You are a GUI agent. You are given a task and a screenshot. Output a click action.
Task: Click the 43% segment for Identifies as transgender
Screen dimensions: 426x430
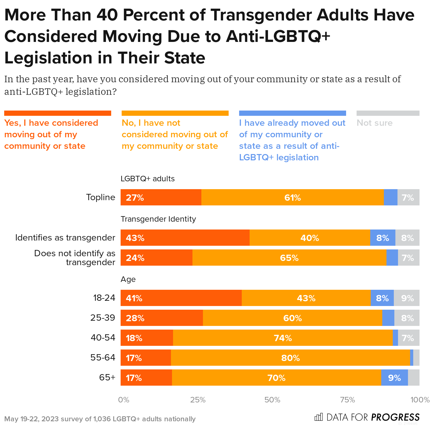[185, 238]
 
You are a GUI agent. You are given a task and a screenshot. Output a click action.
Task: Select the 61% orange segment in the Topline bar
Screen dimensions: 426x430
[292, 197]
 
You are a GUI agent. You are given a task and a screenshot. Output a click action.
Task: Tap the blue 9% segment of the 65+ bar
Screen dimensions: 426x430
[394, 378]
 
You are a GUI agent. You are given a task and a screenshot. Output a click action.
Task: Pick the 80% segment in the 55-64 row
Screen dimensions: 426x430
[290, 358]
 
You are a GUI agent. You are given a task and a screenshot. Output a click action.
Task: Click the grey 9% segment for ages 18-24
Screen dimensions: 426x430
[407, 298]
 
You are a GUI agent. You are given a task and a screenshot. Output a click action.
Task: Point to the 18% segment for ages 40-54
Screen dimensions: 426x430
[147, 338]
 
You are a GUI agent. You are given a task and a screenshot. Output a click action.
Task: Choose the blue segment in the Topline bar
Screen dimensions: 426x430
[390, 197]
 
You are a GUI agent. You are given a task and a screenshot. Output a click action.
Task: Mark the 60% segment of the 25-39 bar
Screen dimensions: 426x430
[292, 318]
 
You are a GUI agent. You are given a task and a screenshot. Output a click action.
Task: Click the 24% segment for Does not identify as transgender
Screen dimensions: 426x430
[157, 258]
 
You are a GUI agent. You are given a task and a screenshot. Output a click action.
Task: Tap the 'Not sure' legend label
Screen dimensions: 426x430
[375, 123]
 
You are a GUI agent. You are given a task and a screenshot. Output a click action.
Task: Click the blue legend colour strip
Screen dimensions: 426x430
[292, 113]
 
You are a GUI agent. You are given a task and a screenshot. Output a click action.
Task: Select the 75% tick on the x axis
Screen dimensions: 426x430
[347, 400]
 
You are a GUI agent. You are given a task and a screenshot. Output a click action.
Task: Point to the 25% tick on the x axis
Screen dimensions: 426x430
[198, 400]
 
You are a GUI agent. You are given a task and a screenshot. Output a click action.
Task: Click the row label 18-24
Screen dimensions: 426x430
[104, 298]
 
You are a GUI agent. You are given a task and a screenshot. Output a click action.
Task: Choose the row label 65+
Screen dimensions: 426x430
[107, 378]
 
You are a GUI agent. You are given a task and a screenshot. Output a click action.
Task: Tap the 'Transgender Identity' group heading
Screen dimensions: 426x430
[158, 219]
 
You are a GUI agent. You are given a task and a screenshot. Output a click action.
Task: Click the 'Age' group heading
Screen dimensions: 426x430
[128, 279]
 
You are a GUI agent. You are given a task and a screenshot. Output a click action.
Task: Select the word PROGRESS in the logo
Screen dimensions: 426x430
[395, 417]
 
